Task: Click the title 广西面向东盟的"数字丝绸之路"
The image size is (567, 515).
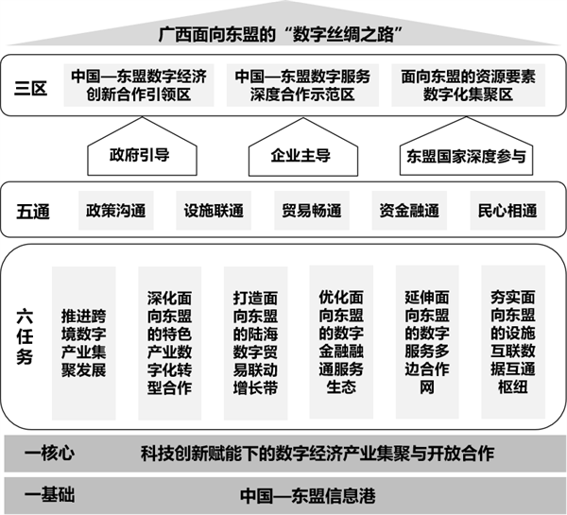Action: point(281,35)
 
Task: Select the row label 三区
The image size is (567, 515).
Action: point(31,88)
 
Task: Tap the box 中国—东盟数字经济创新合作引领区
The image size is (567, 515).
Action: point(139,85)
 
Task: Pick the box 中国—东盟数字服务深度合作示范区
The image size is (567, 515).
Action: point(302,85)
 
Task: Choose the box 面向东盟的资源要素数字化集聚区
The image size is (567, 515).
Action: point(469,85)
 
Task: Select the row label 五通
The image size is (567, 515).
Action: point(33,212)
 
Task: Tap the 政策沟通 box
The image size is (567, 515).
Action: point(116,211)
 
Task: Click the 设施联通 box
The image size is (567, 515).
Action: point(214,211)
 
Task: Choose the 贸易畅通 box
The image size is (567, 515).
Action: point(312,211)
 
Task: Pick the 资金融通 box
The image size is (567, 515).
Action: point(409,211)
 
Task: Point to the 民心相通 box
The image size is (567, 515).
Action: point(507,211)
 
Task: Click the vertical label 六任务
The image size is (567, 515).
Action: point(25,337)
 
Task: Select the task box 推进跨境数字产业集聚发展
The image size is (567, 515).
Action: point(84,343)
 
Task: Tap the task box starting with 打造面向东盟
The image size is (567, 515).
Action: point(256,343)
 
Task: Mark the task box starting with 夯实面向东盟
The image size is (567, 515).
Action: point(513,342)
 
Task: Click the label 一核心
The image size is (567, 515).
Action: point(49,454)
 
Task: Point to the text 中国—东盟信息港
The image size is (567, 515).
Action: point(308,496)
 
